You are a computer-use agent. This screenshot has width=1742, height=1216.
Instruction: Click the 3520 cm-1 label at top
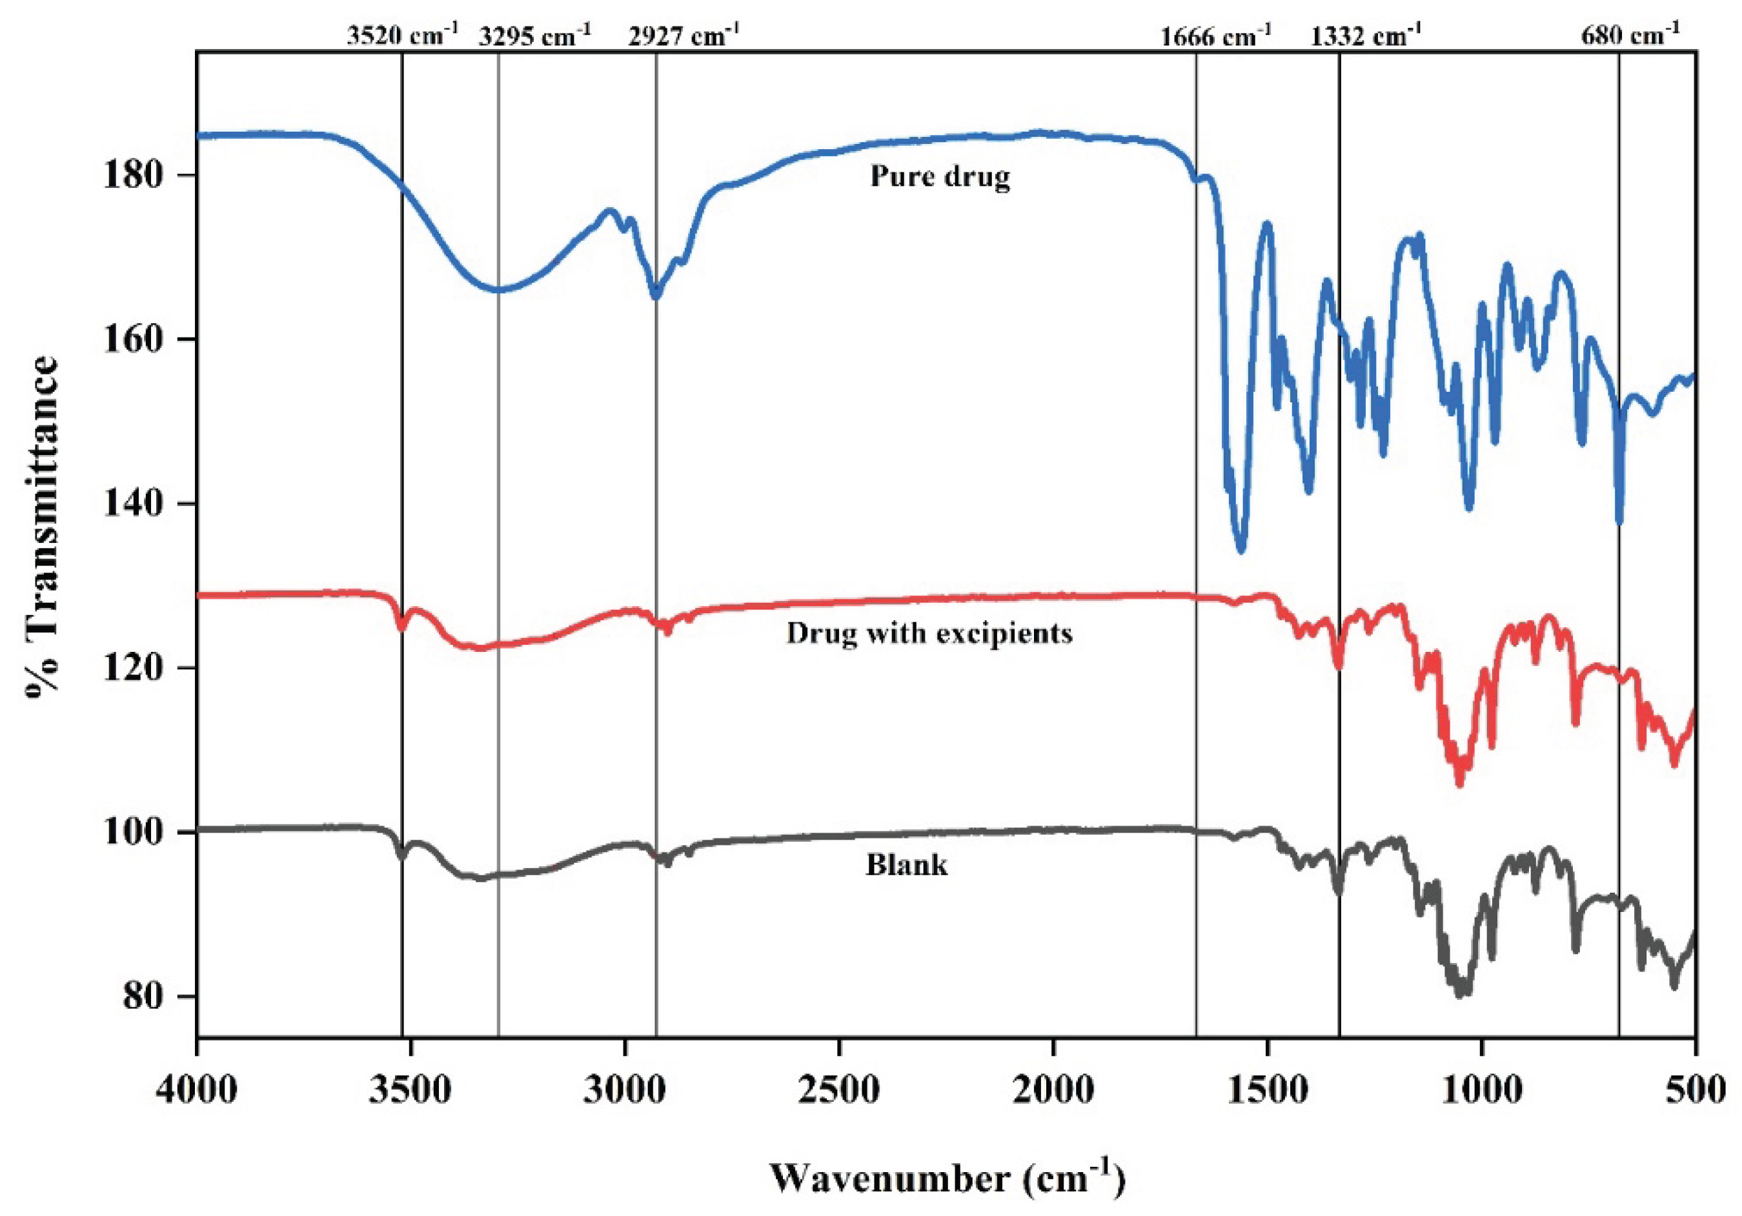[402, 34]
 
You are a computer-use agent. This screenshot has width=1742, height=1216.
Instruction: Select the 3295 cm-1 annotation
[535, 34]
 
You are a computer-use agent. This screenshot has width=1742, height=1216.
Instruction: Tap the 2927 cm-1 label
[684, 34]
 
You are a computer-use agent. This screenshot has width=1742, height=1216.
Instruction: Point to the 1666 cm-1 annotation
[1216, 34]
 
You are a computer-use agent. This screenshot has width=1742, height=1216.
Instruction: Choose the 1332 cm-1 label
[1366, 34]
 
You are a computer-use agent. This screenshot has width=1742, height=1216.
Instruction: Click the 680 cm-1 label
[1630, 34]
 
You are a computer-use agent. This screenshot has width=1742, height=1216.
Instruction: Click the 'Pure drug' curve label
[940, 177]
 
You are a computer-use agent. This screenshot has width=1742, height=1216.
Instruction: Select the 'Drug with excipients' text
[929, 633]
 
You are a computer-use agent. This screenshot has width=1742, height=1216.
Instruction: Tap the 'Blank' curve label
[907, 865]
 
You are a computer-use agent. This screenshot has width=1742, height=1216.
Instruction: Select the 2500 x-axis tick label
[839, 1090]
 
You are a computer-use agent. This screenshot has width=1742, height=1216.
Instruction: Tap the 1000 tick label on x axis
[1481, 1090]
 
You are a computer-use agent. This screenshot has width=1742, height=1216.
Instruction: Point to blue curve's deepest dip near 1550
[1241, 550]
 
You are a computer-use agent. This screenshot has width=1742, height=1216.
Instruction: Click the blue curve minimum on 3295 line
[498, 290]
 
